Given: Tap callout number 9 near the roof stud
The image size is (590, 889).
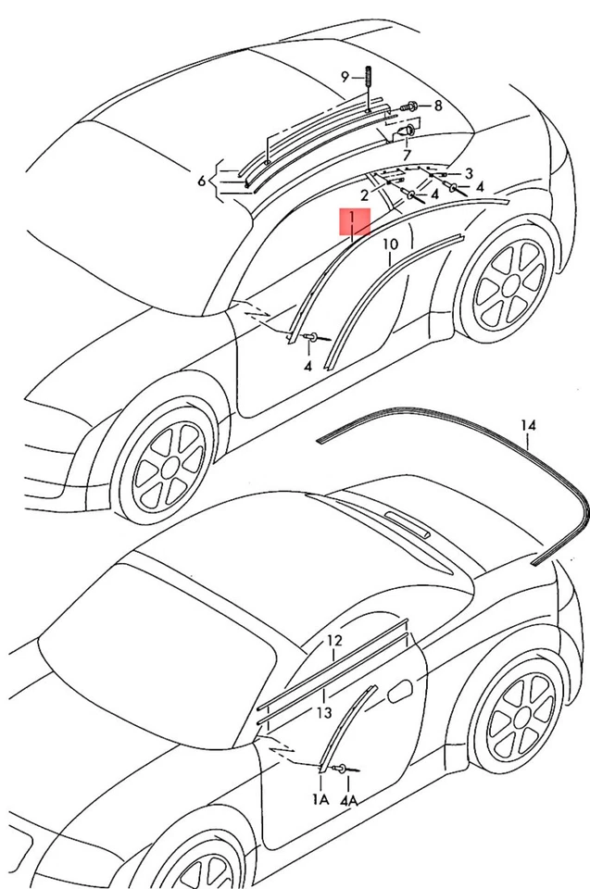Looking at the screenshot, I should (345, 77).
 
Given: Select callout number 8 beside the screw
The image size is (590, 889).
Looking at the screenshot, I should (437, 105).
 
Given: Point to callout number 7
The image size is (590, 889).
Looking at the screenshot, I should (406, 153).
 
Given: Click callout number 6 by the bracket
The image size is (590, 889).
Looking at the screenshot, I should (202, 181).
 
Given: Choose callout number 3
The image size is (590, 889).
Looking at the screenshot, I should (469, 173).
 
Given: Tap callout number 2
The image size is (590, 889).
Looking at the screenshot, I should (365, 195).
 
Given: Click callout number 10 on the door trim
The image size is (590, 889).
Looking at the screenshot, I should (390, 244).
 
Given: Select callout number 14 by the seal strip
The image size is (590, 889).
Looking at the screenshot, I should (527, 426).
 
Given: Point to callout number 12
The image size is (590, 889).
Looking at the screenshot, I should (334, 641).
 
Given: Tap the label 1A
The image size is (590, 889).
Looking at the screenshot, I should (320, 798).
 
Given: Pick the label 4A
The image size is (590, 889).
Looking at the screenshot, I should (349, 798).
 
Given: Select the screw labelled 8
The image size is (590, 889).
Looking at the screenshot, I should (414, 106).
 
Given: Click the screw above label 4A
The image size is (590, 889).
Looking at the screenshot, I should (345, 769).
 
